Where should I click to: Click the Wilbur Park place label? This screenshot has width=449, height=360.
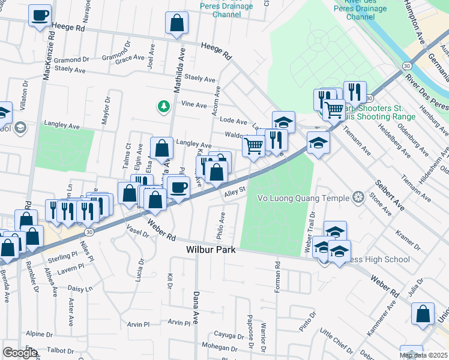[210, 249]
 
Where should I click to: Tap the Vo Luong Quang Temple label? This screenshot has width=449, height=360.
[303, 197]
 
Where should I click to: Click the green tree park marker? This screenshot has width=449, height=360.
[163, 107]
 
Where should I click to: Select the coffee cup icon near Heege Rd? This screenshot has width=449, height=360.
[40, 16]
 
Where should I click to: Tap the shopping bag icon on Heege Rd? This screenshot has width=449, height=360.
[177, 24]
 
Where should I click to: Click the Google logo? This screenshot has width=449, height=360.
[19, 352]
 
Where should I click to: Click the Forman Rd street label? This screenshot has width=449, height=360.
[278, 276]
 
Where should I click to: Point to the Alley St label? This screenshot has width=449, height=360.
[236, 192]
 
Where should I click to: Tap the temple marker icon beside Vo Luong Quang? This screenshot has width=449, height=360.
[358, 197]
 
